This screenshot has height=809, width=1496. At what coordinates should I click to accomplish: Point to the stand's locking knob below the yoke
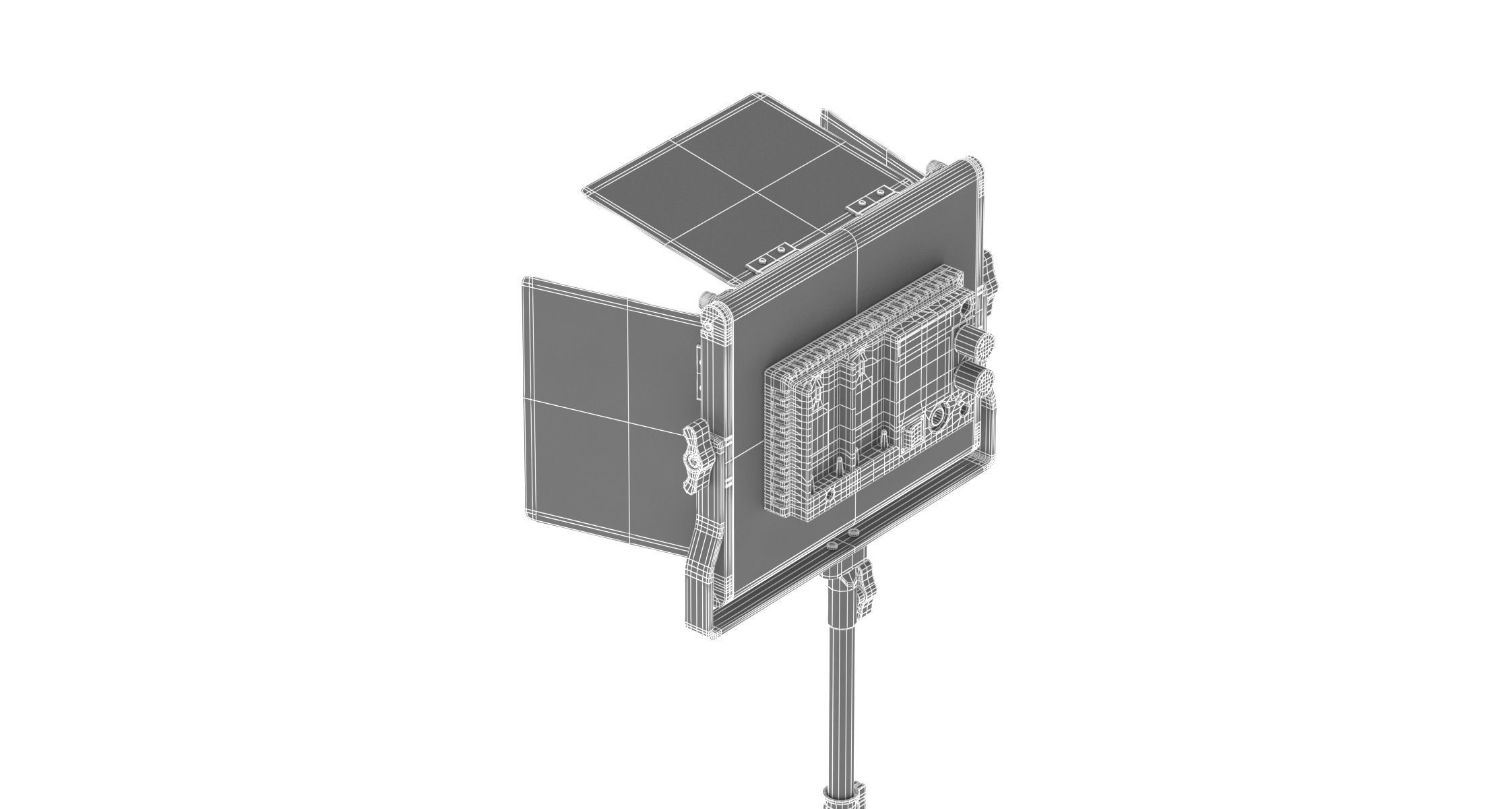click(866, 587)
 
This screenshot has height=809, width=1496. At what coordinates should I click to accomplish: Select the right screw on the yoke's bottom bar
click(857, 534)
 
